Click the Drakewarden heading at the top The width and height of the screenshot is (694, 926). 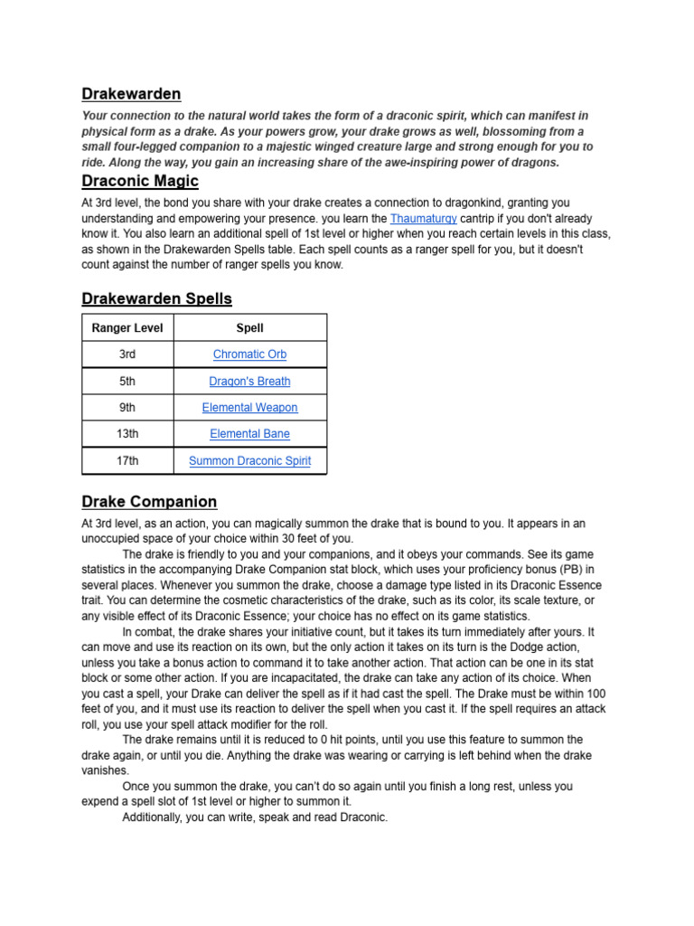pyautogui.click(x=131, y=94)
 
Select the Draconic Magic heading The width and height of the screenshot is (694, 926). pyautogui.click(x=140, y=181)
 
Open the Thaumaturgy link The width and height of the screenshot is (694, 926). pyautogui.click(x=423, y=219)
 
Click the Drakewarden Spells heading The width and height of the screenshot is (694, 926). pyautogui.click(x=156, y=298)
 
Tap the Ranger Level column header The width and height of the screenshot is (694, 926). pyautogui.click(x=127, y=328)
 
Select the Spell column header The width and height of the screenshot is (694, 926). pyautogui.click(x=249, y=328)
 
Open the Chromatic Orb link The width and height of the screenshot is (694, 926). pyautogui.click(x=249, y=354)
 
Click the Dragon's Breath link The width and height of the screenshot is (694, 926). pyautogui.click(x=249, y=382)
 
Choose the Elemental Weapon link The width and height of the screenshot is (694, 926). pyautogui.click(x=249, y=408)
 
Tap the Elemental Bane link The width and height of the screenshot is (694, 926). pyautogui.click(x=249, y=434)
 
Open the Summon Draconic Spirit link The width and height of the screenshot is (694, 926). pyautogui.click(x=249, y=461)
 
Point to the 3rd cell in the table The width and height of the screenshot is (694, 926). pyautogui.click(x=127, y=354)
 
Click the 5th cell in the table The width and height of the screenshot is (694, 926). pyautogui.click(x=127, y=382)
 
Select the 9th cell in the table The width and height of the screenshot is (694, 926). pyautogui.click(x=127, y=408)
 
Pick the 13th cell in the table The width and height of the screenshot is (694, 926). pyautogui.click(x=127, y=434)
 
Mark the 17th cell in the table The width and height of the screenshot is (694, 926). pyautogui.click(x=127, y=461)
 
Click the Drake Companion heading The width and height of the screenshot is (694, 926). pyautogui.click(x=149, y=502)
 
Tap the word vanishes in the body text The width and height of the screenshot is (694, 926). pyautogui.click(x=105, y=770)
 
